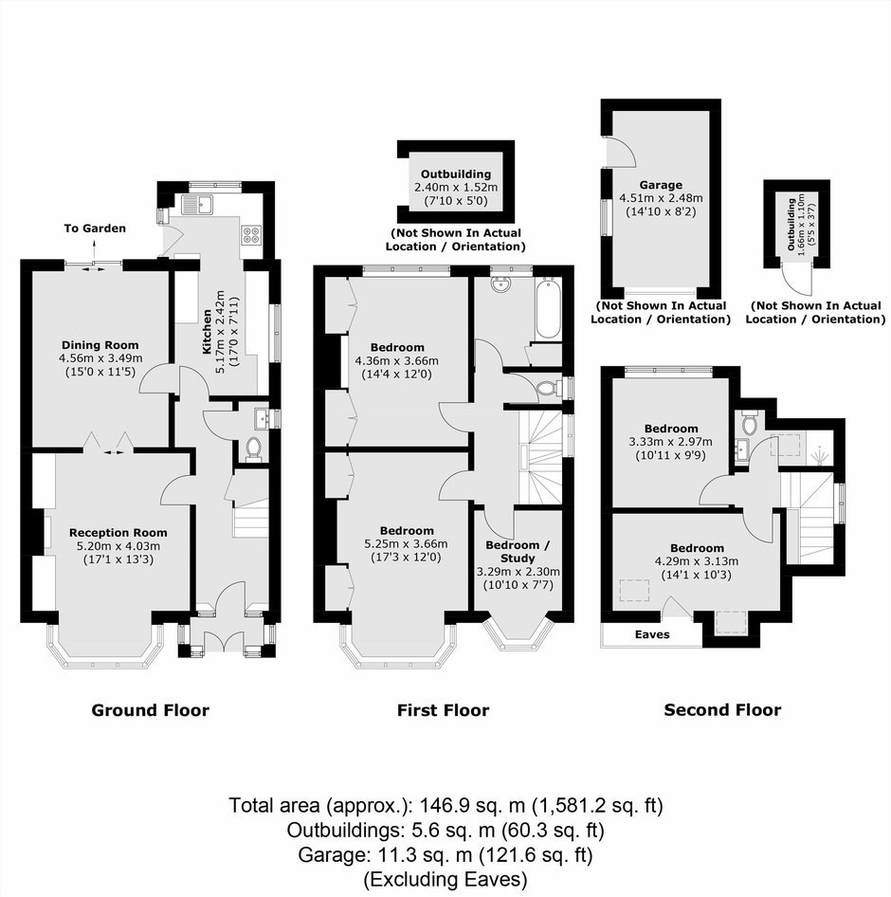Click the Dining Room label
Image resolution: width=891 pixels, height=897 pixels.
[100, 345]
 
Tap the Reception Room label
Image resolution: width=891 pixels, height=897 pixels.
[118, 533]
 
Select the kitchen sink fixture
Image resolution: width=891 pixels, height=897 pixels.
[197, 203]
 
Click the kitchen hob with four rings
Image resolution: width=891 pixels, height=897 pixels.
[251, 234]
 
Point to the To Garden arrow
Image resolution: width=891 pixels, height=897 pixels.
[95, 250]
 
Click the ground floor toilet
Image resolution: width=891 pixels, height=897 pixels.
[253, 449]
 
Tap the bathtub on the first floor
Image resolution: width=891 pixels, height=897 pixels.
[548, 309]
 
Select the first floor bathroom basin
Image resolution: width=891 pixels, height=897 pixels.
[502, 284]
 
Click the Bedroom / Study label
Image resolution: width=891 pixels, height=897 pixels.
[518, 552]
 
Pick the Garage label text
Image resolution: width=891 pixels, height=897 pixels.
[661, 185]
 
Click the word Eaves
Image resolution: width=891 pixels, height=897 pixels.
[652, 634]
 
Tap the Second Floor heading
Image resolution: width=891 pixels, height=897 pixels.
[722, 710]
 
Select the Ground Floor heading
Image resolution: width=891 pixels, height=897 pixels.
[151, 710]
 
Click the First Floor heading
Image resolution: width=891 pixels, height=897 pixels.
[444, 710]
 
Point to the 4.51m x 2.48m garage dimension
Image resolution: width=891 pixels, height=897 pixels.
[661, 198]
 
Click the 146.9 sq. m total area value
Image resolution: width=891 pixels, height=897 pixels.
[473, 805]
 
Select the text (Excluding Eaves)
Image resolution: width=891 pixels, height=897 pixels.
[445, 879]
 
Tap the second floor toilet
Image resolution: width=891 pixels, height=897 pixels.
[749, 423]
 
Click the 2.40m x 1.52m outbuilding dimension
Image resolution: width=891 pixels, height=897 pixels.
[456, 188]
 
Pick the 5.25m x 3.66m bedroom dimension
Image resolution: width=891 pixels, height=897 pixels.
[406, 544]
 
